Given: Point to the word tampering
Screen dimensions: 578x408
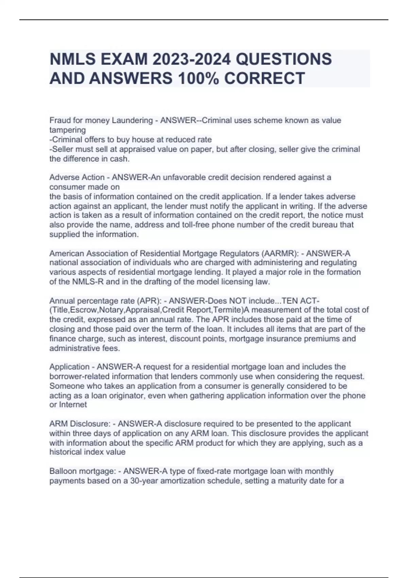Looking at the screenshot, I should (x=67, y=130).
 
